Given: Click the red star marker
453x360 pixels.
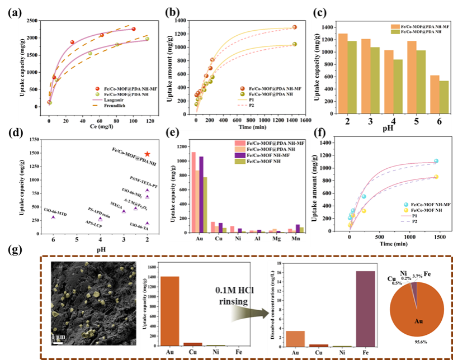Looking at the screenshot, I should coord(147,154).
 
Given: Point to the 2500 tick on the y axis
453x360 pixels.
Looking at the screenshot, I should coord(32,21).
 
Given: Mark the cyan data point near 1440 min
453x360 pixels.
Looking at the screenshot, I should coord(436,161).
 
